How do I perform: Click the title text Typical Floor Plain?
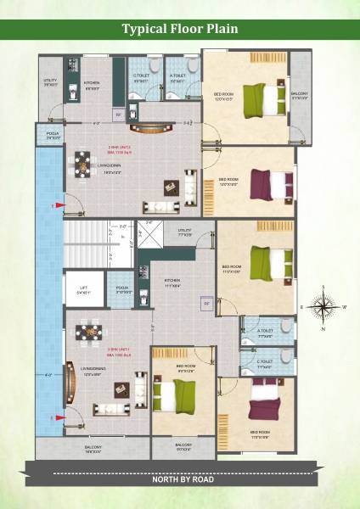(179, 29)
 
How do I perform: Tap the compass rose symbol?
(323, 306)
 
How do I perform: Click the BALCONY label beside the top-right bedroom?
(300, 95)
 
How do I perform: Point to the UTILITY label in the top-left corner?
(50, 82)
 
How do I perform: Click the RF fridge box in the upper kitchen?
(119, 115)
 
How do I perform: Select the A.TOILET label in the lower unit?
(264, 333)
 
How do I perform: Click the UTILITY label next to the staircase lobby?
(185, 232)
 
